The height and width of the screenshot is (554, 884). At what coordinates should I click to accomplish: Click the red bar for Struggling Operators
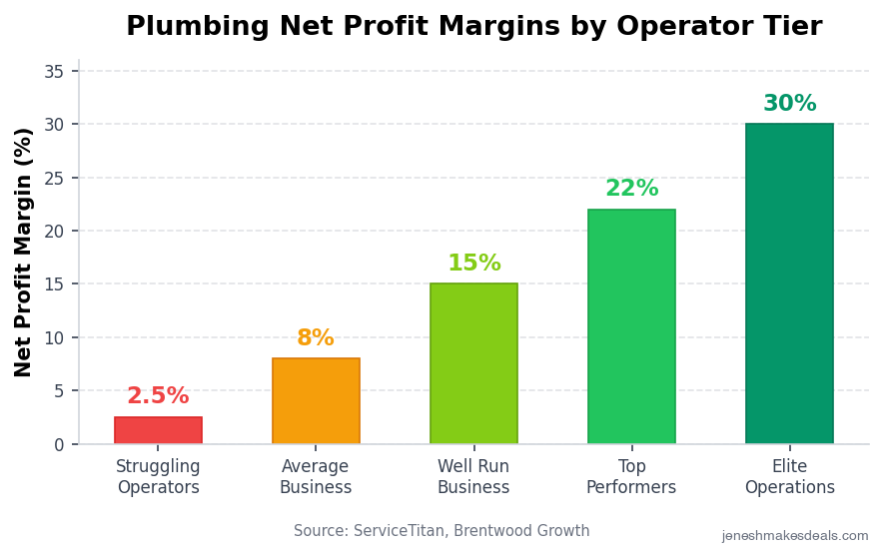coord(158,430)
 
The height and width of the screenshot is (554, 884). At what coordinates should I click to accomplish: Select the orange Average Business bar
coord(316,401)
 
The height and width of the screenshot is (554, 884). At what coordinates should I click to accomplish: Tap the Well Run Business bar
coord(473,364)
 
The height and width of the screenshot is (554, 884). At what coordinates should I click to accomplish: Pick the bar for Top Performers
coord(631,326)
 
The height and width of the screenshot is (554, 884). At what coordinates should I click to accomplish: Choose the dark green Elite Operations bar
coord(789,284)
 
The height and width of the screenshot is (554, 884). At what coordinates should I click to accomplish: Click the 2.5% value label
coord(158,396)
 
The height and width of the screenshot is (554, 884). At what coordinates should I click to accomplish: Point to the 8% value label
coord(316,338)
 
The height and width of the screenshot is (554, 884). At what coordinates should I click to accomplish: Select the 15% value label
coord(473,264)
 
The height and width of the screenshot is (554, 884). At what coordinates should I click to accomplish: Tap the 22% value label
coord(631,189)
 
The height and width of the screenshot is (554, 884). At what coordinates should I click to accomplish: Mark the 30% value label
coord(789,104)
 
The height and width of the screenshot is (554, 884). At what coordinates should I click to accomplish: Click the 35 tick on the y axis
coord(54,72)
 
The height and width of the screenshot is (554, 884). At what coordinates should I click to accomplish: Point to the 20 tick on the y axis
coord(54,232)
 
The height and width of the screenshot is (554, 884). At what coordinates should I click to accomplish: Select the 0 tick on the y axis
coord(59,444)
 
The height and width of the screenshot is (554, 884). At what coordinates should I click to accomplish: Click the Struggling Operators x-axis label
coord(158,477)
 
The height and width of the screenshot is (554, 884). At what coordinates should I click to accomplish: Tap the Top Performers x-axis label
coord(631,477)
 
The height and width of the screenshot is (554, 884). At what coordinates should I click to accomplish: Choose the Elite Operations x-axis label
coord(789,477)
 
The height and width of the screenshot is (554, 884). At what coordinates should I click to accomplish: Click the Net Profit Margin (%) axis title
coord(24,252)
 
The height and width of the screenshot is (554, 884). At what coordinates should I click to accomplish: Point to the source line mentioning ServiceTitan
coord(442,531)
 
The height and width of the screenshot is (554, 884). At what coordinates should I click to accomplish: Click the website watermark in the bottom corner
coord(795,536)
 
